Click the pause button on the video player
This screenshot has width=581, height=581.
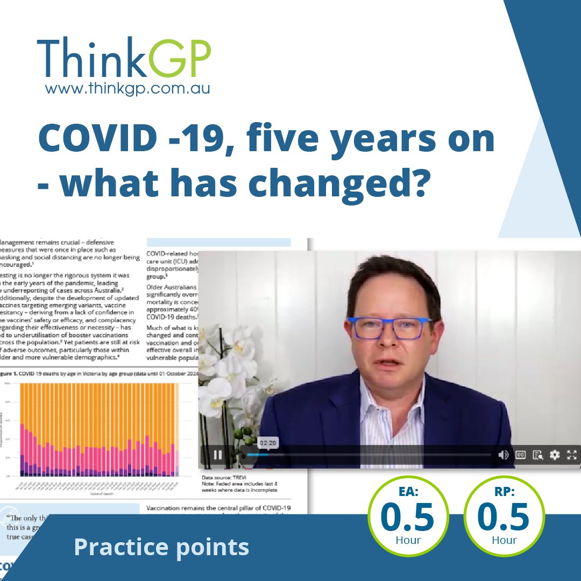(x=218, y=455)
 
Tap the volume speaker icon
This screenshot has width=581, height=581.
(x=504, y=455)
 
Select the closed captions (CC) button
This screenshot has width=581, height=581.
(x=521, y=455)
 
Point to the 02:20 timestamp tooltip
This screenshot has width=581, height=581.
(x=267, y=443)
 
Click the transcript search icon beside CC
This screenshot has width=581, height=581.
(x=537, y=455)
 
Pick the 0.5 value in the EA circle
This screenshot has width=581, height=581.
(x=407, y=518)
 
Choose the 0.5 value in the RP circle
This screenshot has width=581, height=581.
(x=504, y=518)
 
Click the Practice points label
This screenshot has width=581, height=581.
(x=161, y=547)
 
